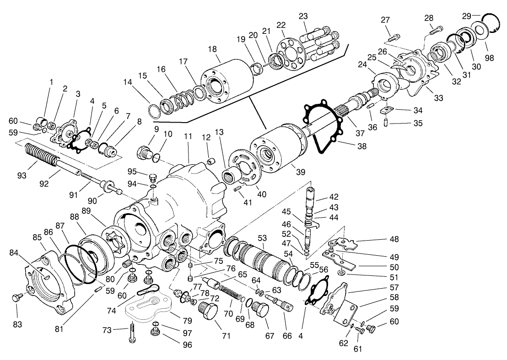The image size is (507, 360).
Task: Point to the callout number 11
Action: [x=188, y=136]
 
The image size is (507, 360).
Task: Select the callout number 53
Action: [x=262, y=238]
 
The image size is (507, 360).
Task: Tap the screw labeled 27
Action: [x=394, y=35]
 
